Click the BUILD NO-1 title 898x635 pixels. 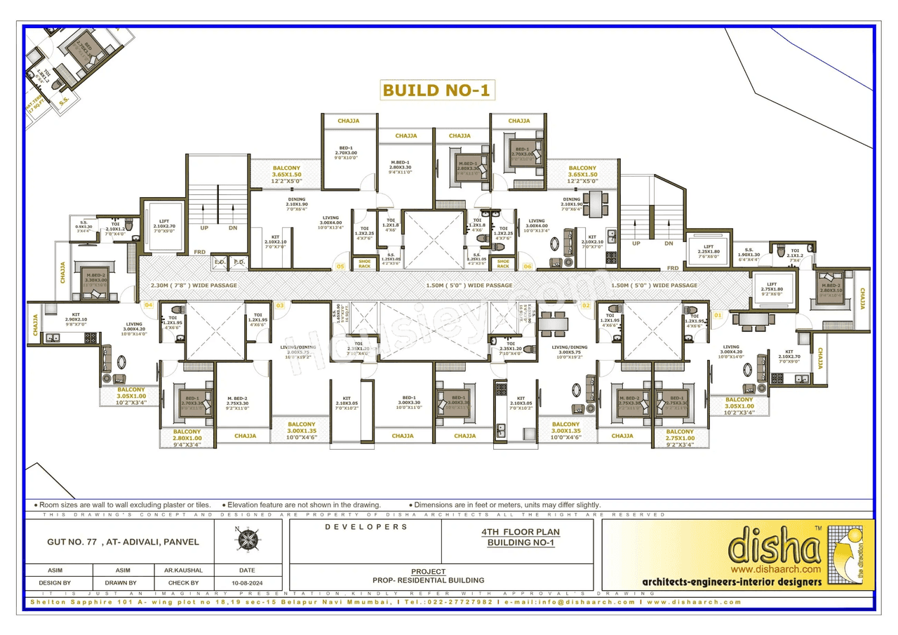click(x=436, y=90)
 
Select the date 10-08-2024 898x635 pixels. click(x=247, y=583)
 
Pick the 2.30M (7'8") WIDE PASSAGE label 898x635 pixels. click(x=194, y=286)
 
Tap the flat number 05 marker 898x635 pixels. click(x=340, y=267)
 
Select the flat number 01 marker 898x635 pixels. click(x=717, y=316)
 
